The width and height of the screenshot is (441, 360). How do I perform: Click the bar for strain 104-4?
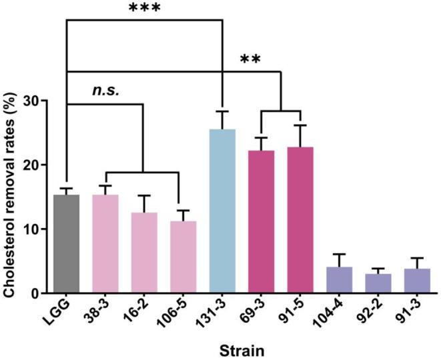pyautogui.click(x=339, y=280)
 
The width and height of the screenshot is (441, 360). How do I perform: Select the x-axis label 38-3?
pyautogui.click(x=102, y=313)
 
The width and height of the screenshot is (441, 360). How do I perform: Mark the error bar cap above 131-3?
pyautogui.click(x=222, y=111)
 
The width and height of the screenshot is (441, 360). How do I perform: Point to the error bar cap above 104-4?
pyautogui.click(x=339, y=254)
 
